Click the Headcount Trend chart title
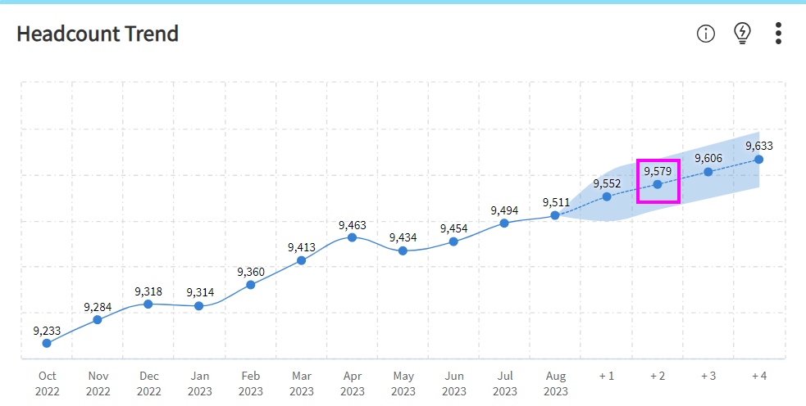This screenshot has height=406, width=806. [x=98, y=34]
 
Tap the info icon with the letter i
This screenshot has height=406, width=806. [x=706, y=34]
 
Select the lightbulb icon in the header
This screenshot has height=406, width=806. [x=742, y=33]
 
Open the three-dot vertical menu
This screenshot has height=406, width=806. [x=778, y=34]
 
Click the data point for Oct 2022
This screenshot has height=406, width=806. [x=47, y=343]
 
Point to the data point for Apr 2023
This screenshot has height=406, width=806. [x=352, y=237]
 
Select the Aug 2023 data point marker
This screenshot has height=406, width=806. [x=555, y=215]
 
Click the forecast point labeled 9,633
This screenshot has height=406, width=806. [x=759, y=159]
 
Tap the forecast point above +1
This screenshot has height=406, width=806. [x=607, y=196]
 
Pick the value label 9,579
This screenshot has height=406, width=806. [x=658, y=171]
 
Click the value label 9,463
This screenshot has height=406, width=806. [x=353, y=224]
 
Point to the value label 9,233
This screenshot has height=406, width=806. [x=47, y=330]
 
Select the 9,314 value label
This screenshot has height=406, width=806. [x=200, y=292]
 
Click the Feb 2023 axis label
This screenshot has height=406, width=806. [x=251, y=383]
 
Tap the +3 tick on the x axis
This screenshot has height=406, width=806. [x=708, y=376]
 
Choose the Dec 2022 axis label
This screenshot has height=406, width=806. [x=149, y=383]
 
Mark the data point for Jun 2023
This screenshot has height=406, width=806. [x=453, y=241]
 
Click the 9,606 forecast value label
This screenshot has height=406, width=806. [x=708, y=158]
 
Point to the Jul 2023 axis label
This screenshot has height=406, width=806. [x=505, y=383]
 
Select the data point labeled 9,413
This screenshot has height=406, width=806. [x=301, y=260]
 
